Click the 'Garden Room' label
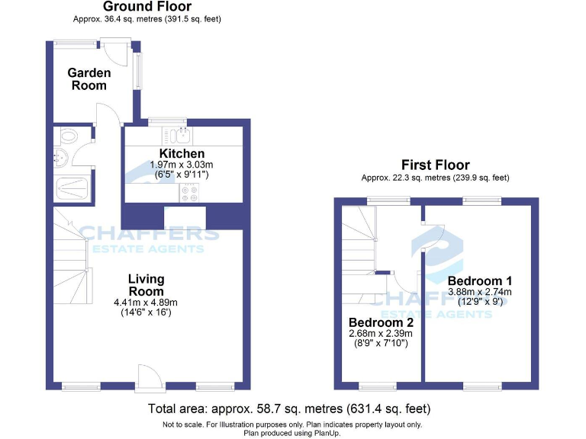tap(89, 79)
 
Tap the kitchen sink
tap(182, 136)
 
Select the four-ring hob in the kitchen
tap(189, 193)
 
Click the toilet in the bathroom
tap(68, 137)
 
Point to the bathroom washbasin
tap(60, 159)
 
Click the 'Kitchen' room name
tap(182, 154)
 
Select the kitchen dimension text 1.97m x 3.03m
tap(182, 165)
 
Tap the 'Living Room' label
tap(146, 285)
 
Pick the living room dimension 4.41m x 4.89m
tap(146, 302)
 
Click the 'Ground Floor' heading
tap(147, 7)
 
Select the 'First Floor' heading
tap(436, 165)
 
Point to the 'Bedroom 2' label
tap(380, 322)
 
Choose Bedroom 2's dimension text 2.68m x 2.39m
tap(380, 333)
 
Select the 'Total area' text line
tap(289, 409)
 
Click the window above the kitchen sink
tap(167, 120)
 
